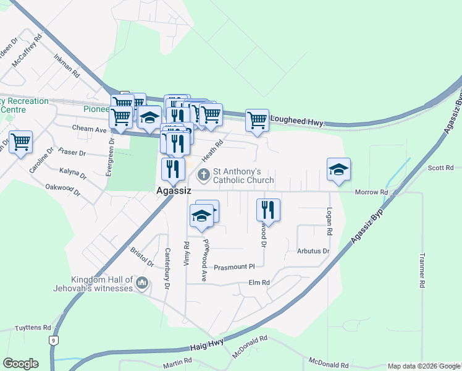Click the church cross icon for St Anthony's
click(203, 176)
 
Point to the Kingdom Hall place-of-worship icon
click(143, 283)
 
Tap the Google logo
click(20, 364)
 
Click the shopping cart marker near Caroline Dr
click(20, 142)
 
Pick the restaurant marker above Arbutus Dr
click(268, 210)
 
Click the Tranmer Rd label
click(422, 270)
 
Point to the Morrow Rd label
click(371, 192)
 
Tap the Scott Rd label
click(440, 168)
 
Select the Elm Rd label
click(259, 283)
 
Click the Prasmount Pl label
click(234, 267)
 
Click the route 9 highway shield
click(55, 340)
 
